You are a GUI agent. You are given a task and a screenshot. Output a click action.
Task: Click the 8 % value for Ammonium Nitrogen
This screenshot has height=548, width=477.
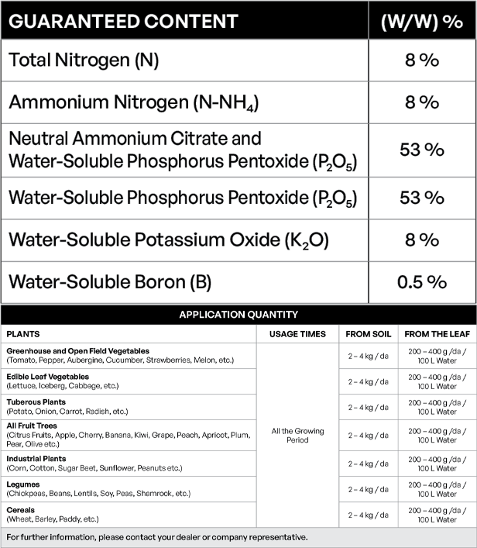(x=422, y=102)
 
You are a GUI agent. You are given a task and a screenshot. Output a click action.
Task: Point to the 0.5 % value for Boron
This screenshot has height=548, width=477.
(x=422, y=281)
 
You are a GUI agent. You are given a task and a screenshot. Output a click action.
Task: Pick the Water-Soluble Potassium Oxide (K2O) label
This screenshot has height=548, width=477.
(x=169, y=240)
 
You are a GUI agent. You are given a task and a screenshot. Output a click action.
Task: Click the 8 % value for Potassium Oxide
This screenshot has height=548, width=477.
(x=422, y=240)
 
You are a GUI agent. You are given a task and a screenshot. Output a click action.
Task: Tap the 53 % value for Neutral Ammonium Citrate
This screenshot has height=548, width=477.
(x=422, y=150)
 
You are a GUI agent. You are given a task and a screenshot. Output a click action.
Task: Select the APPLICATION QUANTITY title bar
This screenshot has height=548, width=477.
(x=238, y=315)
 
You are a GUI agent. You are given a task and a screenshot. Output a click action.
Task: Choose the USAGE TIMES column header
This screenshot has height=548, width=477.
(x=298, y=334)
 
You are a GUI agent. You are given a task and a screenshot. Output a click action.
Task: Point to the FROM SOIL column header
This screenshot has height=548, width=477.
(x=368, y=334)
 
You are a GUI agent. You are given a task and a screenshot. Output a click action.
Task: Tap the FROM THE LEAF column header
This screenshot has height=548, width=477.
(x=438, y=334)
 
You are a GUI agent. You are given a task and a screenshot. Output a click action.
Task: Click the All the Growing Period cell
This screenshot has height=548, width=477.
(x=298, y=435)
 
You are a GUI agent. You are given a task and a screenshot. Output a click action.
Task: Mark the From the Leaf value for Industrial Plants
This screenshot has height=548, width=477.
(x=438, y=464)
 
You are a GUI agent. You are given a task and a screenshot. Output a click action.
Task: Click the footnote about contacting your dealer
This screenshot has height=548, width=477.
(x=157, y=537)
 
